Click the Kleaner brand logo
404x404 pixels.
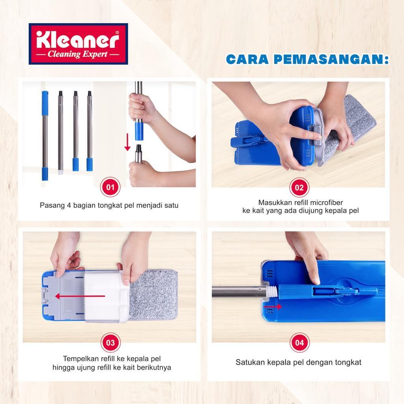coord(79,44)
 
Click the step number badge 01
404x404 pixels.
coord(110,187)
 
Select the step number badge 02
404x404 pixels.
coord(299,187)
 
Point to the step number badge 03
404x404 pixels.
coord(110,343)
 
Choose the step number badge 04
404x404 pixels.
coord(299,343)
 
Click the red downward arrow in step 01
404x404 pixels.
coord(127,142)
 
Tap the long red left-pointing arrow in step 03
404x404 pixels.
coord(80,296)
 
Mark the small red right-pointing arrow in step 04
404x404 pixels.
coord(273,307)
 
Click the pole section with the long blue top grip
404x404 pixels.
coord(45,136)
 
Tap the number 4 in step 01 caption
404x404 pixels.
coord(69,205)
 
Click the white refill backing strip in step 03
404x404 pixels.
coord(107,296)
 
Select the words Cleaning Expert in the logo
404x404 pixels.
coord(78,54)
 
